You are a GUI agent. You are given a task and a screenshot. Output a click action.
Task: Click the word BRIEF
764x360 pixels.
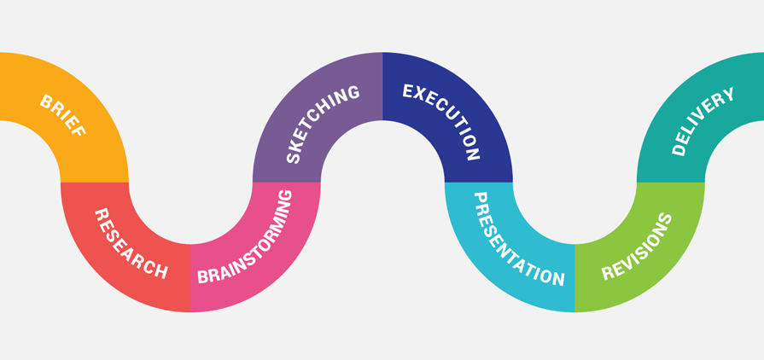[63, 116]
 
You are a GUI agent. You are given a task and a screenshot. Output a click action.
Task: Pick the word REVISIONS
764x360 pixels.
[637, 247]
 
